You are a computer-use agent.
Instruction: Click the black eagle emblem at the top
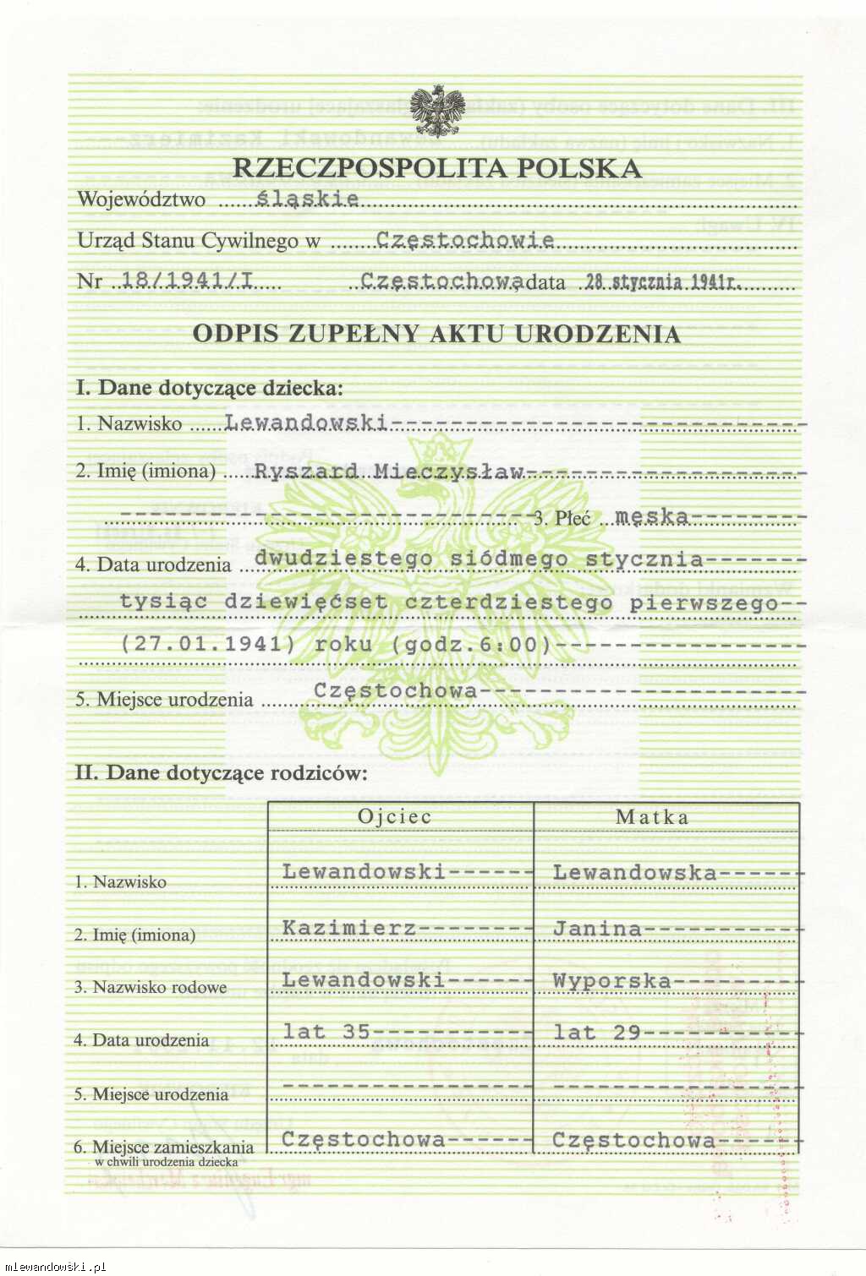(437, 111)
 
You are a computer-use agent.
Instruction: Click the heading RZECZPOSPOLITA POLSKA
(437, 167)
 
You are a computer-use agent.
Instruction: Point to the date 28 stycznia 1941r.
(663, 282)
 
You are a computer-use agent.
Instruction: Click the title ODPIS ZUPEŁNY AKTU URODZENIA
(436, 334)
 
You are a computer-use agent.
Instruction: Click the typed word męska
(651, 515)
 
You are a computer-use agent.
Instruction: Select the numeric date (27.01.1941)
(208, 644)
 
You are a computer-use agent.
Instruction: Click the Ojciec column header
(395, 816)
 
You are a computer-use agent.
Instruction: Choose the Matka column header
(652, 817)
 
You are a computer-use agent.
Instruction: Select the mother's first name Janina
(597, 929)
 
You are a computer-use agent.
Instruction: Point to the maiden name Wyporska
(611, 980)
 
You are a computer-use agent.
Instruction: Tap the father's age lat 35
(326, 1032)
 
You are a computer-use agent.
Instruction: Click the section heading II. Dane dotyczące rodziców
(222, 772)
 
